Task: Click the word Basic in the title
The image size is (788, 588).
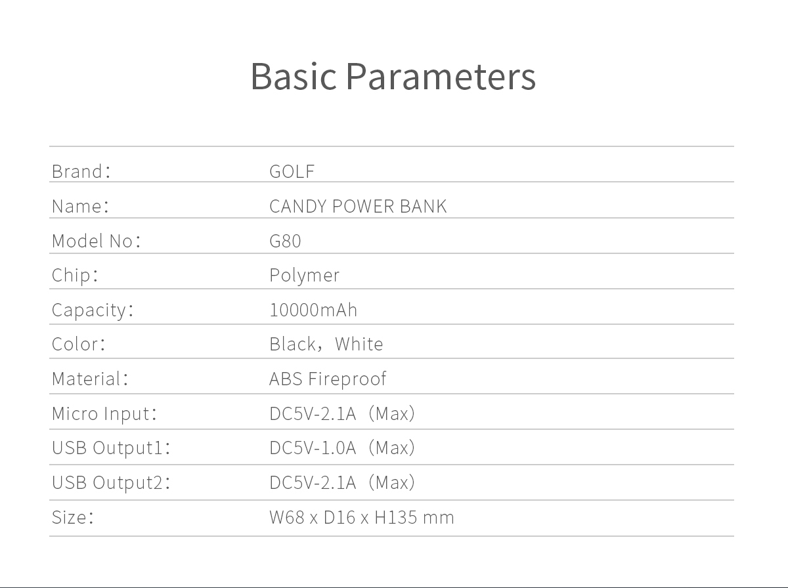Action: point(294,76)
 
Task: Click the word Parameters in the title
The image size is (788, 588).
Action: point(441,76)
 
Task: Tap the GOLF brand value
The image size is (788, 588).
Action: point(292,171)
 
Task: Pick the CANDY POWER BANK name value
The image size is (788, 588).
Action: point(358,206)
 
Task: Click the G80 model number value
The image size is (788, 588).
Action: point(285,241)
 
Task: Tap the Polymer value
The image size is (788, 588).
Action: point(305,276)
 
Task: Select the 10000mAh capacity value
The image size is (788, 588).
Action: point(313,310)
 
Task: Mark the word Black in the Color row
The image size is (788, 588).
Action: point(293,344)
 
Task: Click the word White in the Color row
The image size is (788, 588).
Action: point(359,344)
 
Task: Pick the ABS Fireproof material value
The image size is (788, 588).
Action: point(328,379)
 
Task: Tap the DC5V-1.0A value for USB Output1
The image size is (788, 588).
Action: point(313,448)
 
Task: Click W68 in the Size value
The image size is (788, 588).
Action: point(287,517)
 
